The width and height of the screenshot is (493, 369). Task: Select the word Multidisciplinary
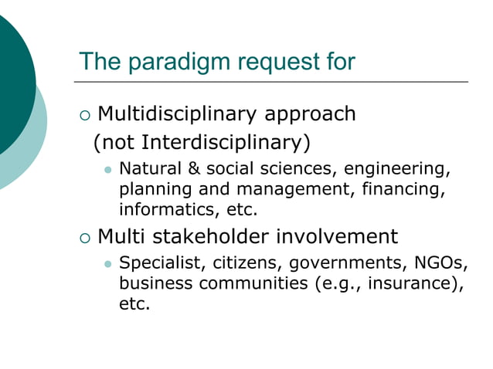(x=178, y=114)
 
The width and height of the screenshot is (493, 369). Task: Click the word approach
(x=311, y=114)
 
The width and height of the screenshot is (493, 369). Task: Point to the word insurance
(x=413, y=283)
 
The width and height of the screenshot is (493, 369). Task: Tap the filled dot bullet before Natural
(x=108, y=170)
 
